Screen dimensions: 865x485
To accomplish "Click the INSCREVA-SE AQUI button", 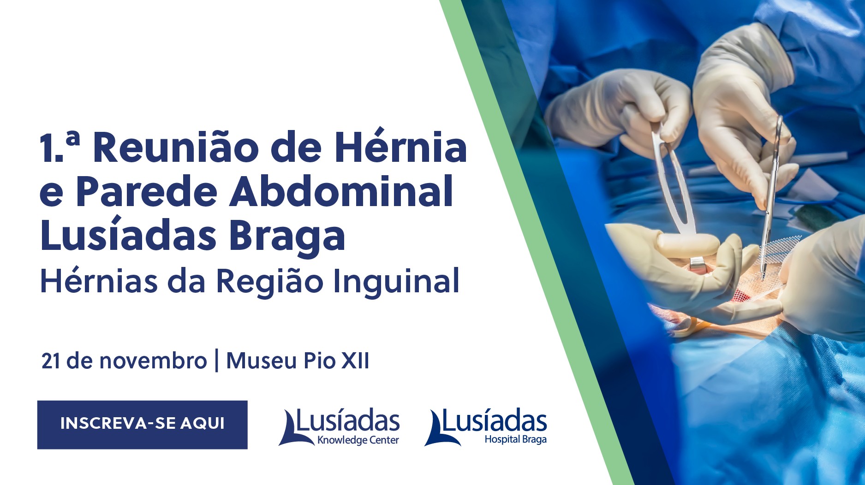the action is (x=142, y=425).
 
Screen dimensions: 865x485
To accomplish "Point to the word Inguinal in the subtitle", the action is (x=396, y=281).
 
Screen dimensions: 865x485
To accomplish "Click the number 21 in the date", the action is (x=51, y=361).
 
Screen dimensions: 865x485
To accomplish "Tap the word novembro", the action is (x=153, y=361).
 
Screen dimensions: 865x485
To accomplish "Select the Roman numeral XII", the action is (x=355, y=361).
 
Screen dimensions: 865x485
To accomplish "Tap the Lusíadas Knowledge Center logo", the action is (x=339, y=427).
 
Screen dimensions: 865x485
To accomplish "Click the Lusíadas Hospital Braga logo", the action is (x=485, y=426).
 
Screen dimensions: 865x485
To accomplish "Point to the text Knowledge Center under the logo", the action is (x=358, y=440).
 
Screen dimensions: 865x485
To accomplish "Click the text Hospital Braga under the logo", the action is (x=515, y=439).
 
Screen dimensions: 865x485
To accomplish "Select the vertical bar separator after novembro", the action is (x=217, y=361).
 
